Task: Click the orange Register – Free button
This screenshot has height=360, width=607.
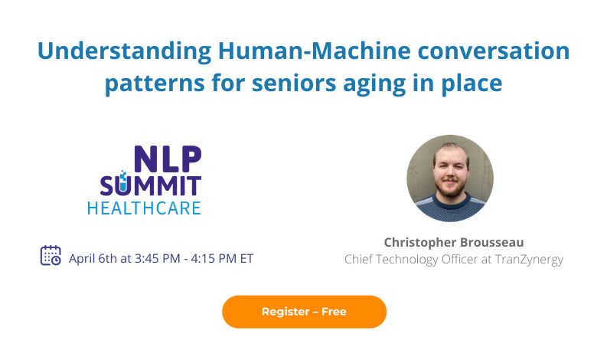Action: [x=304, y=312]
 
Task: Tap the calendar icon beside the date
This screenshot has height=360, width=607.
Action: [x=51, y=256]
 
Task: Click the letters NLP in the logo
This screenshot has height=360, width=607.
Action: [x=168, y=159]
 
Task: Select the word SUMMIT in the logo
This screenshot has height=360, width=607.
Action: [x=151, y=185]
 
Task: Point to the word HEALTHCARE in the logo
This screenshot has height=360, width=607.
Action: [x=144, y=208]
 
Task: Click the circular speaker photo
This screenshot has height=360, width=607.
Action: [x=450, y=178]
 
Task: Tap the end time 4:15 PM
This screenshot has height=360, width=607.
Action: [x=217, y=258]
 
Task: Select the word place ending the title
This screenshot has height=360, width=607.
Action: [x=469, y=82]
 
